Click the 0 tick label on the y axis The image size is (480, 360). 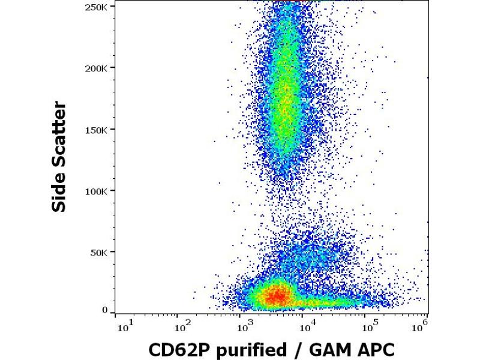106,310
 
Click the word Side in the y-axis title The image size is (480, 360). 59,191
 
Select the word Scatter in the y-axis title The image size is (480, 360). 59,132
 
